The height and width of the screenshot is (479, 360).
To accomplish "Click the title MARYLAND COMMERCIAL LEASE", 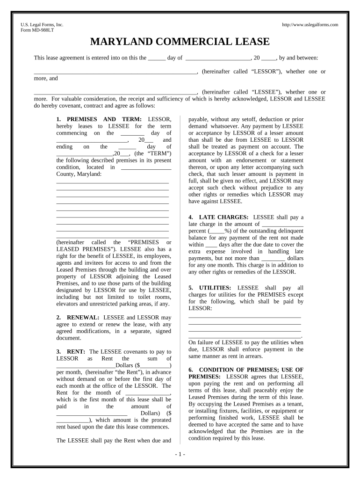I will tap(180, 42).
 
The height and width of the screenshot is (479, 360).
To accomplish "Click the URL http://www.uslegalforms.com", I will tap(310, 25).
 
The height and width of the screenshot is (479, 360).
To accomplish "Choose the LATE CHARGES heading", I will tap(223, 217).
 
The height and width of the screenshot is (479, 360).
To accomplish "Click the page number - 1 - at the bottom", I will tap(180, 455).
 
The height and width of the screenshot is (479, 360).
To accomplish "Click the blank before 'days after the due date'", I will tap(211, 245).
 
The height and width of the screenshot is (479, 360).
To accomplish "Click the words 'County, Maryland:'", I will tap(79, 174).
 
